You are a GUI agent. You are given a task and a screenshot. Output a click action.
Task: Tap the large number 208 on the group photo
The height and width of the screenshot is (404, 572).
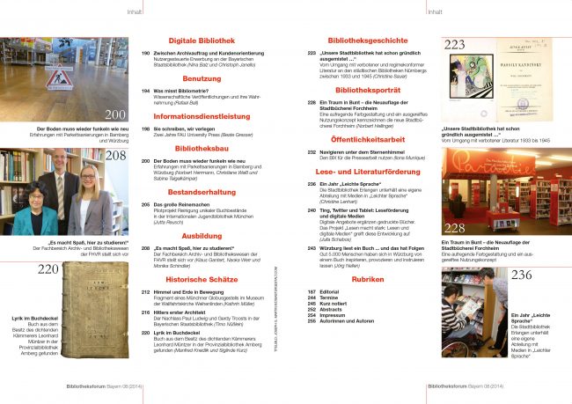tap(114, 158)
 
